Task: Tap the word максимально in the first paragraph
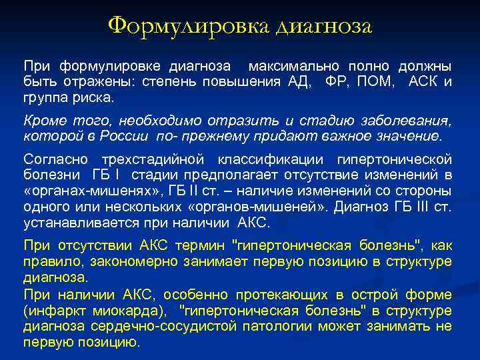point(289,67)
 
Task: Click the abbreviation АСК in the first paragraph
point(424,82)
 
